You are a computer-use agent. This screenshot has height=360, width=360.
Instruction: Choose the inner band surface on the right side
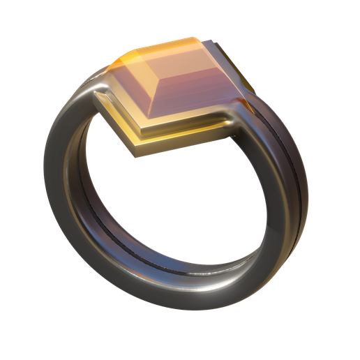(x=269, y=202)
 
